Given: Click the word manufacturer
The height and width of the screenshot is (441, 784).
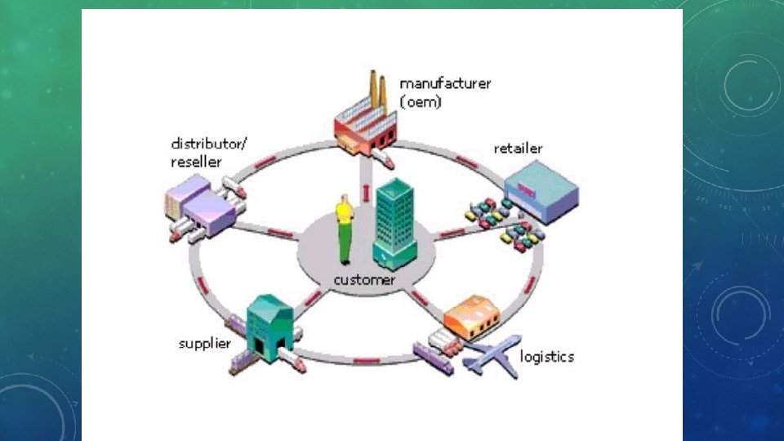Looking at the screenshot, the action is pyautogui.click(x=445, y=84).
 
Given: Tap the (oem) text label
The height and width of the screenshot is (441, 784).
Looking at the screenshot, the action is pyautogui.click(x=421, y=102).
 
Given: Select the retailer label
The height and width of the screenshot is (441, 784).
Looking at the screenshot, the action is pyautogui.click(x=518, y=149).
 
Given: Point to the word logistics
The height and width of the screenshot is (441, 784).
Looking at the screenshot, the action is pyautogui.click(x=547, y=357).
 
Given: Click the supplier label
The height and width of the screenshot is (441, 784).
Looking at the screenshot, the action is pyautogui.click(x=205, y=343).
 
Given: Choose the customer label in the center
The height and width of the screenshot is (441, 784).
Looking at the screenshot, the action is pyautogui.click(x=364, y=279).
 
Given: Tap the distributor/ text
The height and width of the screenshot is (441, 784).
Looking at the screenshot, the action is pyautogui.click(x=208, y=145).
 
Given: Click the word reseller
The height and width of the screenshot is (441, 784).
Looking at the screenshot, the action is pyautogui.click(x=195, y=162).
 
